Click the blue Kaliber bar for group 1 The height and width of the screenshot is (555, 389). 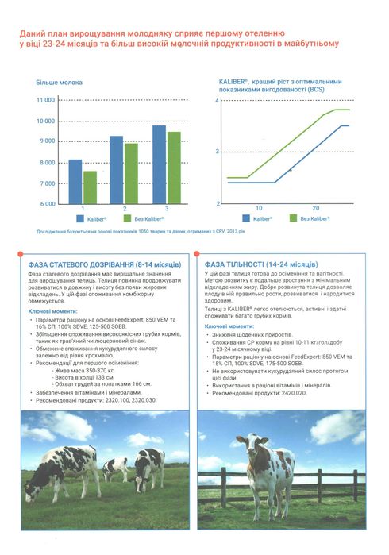tap(75, 181)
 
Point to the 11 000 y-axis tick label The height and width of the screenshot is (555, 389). tap(46, 101)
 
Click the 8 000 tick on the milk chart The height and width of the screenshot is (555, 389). tap(46, 162)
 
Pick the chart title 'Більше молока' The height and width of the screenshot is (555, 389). tap(57, 82)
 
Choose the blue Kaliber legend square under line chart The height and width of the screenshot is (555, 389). tap(244, 218)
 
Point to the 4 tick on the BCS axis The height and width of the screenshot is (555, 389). tap(218, 102)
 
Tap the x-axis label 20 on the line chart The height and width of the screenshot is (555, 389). tap(316, 207)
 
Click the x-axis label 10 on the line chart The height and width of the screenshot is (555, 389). tap(259, 207)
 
